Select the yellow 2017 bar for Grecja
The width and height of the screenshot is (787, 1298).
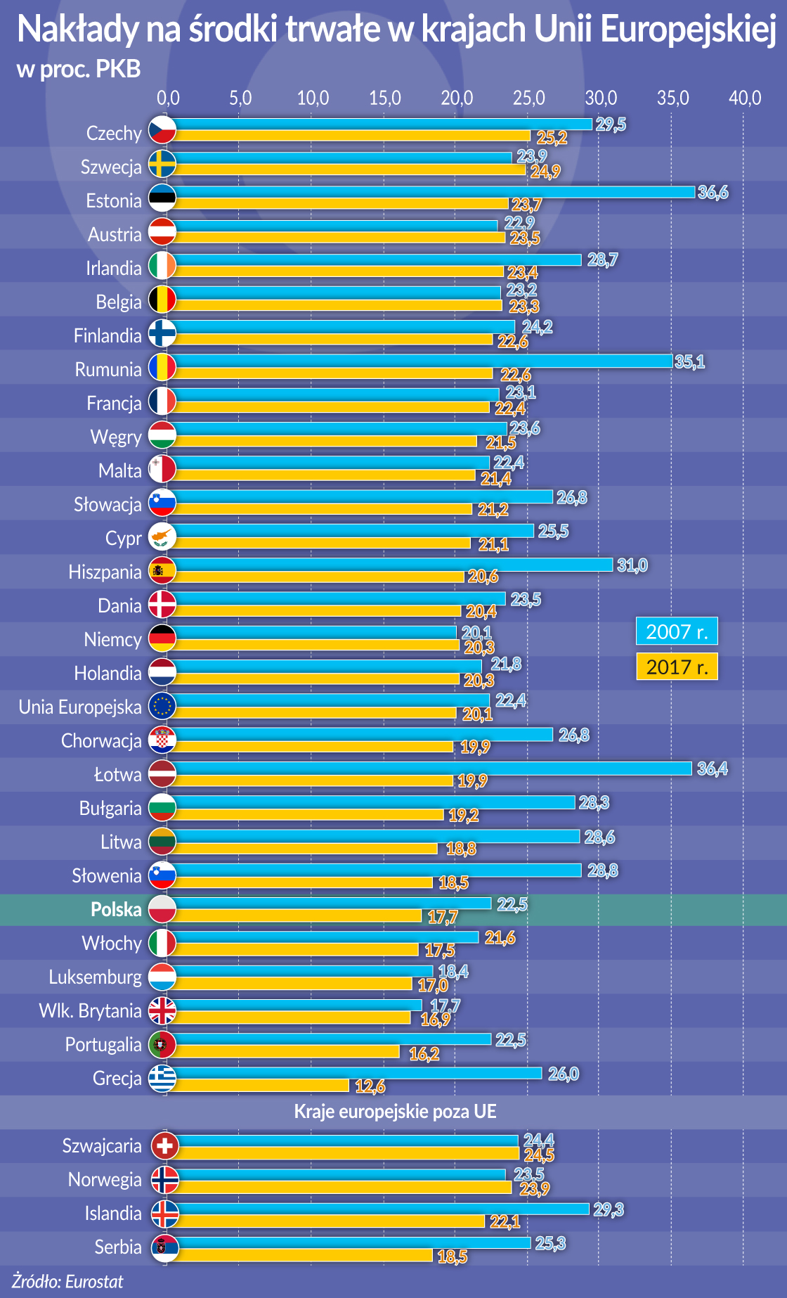[x=260, y=1086]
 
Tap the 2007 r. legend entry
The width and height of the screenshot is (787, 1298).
[x=677, y=631]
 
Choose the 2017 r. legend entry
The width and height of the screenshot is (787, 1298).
[x=677, y=667]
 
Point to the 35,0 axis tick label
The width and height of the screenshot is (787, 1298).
[x=672, y=98]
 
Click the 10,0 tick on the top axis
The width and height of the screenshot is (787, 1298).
[x=313, y=98]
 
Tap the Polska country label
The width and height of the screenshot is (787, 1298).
[x=116, y=910]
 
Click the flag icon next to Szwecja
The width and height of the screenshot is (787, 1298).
[x=162, y=164]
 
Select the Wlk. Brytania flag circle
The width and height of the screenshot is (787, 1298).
[x=162, y=1011]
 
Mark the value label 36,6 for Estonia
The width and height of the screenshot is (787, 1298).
[x=713, y=193]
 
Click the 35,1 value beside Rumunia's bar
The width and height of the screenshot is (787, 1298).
[x=689, y=362]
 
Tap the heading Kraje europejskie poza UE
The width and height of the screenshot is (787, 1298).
[x=395, y=1112]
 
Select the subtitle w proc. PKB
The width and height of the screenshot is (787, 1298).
[x=79, y=69]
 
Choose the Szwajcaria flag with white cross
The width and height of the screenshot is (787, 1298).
[x=164, y=1146]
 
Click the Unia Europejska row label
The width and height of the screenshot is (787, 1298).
[x=80, y=707]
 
